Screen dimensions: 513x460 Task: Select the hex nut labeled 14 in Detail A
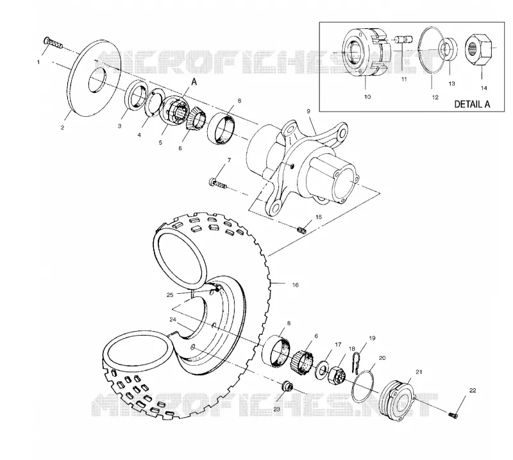click(x=478, y=49)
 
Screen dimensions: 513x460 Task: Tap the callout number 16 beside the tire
click(x=295, y=285)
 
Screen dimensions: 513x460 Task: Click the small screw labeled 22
click(x=453, y=415)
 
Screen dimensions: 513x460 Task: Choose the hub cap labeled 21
click(x=398, y=400)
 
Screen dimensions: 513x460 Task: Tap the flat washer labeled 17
click(x=323, y=370)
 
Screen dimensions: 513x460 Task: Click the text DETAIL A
click(x=472, y=104)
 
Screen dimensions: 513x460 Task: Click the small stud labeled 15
click(x=301, y=230)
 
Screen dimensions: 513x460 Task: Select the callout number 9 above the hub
click(x=308, y=112)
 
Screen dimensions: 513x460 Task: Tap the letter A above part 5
click(x=194, y=81)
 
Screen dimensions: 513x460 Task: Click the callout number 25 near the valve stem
click(x=170, y=295)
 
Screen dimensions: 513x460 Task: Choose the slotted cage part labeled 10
click(x=364, y=53)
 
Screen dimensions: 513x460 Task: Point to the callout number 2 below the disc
click(x=62, y=128)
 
